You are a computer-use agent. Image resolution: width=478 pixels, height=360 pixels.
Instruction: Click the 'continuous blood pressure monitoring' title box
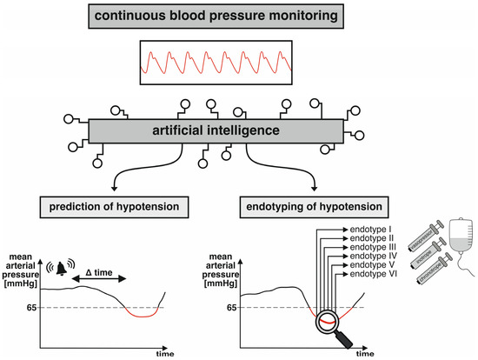tap(238, 16)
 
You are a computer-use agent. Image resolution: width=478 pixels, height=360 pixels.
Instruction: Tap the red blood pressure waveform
tap(238, 63)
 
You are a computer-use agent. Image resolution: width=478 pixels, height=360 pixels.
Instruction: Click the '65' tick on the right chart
tap(233, 308)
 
